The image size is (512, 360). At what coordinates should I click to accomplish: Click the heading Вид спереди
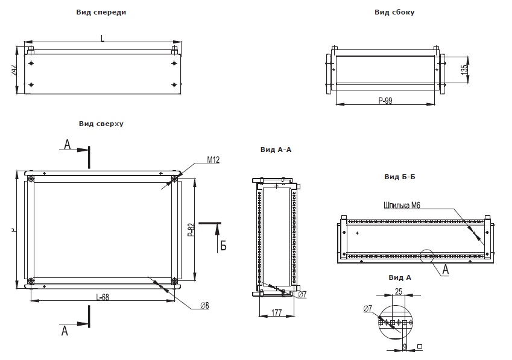click(x=102, y=12)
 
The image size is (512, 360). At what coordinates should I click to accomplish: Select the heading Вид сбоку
click(x=394, y=12)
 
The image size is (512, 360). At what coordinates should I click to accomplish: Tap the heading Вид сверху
click(x=101, y=124)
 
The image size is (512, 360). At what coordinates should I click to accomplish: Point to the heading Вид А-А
click(x=276, y=150)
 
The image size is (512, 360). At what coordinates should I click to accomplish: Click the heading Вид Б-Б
click(x=400, y=177)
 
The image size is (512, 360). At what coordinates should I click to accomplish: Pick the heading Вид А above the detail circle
click(x=400, y=277)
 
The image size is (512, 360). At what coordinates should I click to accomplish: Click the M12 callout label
click(x=213, y=160)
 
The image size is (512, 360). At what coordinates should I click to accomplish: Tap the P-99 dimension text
click(x=385, y=101)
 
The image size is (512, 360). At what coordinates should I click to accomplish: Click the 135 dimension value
click(x=463, y=69)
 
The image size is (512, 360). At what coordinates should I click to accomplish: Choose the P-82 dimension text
click(x=191, y=231)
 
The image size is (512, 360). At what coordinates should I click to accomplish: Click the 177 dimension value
click(x=276, y=312)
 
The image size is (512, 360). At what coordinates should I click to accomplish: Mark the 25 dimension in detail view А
click(x=399, y=292)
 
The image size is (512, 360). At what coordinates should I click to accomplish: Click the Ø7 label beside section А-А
click(x=303, y=294)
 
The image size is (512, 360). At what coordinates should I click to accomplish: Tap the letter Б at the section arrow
click(x=223, y=245)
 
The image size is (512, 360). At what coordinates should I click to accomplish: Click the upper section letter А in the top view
click(x=68, y=145)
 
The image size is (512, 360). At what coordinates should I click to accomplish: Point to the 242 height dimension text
click(x=13, y=71)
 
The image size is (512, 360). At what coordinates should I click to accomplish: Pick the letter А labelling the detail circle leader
click(x=446, y=270)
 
